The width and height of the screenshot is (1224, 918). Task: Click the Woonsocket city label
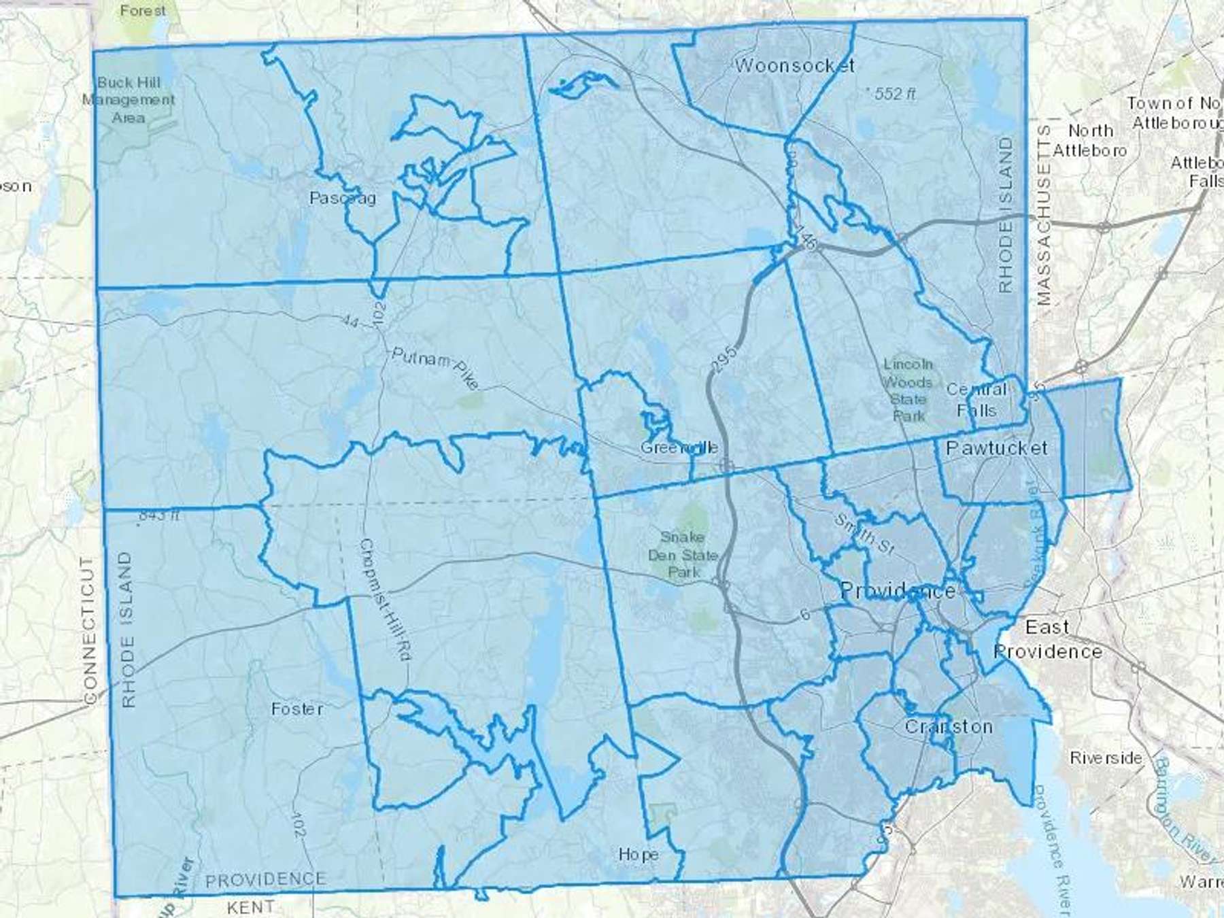click(x=794, y=66)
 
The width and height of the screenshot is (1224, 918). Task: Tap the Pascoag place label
click(x=343, y=198)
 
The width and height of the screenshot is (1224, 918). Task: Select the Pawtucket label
click(x=996, y=447)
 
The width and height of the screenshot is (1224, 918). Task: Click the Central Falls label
click(x=976, y=400)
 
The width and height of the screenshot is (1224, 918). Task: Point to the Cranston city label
click(x=948, y=726)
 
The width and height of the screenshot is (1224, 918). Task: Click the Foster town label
click(x=297, y=709)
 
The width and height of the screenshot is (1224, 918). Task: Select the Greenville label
click(x=679, y=447)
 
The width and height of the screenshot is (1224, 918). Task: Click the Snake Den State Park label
click(x=683, y=554)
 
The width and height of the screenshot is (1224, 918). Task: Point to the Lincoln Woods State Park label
click(x=908, y=390)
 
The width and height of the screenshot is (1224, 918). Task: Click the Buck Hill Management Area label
click(x=129, y=100)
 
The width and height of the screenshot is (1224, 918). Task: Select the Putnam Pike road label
click(x=435, y=368)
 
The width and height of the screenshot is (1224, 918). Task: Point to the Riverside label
click(x=1106, y=758)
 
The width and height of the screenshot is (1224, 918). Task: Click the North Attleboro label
click(x=1090, y=140)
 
